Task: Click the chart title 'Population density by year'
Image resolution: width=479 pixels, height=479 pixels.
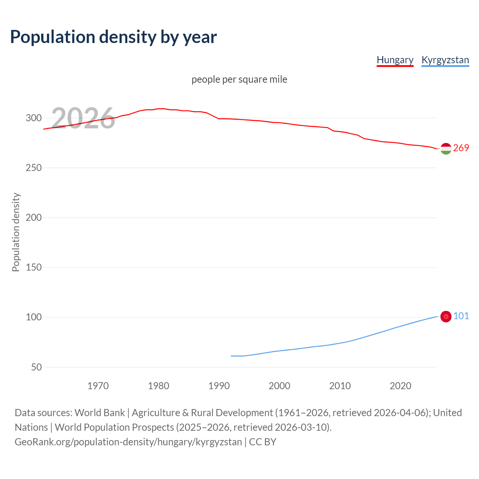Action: pyautogui.click(x=113, y=37)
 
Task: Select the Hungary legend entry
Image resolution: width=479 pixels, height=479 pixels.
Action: pyautogui.click(x=395, y=60)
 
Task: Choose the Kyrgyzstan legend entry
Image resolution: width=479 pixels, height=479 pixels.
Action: pyautogui.click(x=445, y=60)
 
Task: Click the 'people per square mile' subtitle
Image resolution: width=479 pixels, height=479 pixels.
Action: pyautogui.click(x=239, y=79)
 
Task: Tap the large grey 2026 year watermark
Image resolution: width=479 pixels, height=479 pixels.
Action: pyautogui.click(x=83, y=118)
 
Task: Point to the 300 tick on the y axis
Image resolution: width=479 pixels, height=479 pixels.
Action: pyautogui.click(x=33, y=118)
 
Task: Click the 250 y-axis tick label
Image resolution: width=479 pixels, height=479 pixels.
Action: pyautogui.click(x=33, y=168)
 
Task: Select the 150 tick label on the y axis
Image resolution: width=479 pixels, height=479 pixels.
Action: pyautogui.click(x=33, y=267)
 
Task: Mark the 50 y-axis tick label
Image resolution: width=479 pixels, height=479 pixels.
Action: pyautogui.click(x=36, y=367)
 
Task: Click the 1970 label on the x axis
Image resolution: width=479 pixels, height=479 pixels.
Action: pyautogui.click(x=98, y=386)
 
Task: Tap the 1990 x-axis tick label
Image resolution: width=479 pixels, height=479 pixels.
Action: pyautogui.click(x=219, y=386)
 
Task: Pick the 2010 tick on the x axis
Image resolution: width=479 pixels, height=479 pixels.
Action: pyautogui.click(x=340, y=386)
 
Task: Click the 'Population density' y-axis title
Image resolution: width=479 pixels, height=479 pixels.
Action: pyautogui.click(x=16, y=232)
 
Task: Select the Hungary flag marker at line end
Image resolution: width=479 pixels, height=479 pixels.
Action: pyautogui.click(x=446, y=149)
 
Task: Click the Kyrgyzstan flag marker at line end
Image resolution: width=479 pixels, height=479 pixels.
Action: pyautogui.click(x=446, y=317)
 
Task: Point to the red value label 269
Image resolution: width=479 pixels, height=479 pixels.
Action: pyautogui.click(x=461, y=148)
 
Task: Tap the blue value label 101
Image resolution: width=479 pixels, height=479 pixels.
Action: pyautogui.click(x=461, y=316)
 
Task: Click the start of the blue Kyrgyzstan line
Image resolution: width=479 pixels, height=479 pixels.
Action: pyautogui.click(x=231, y=356)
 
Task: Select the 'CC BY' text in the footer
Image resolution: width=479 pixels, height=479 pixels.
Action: pyautogui.click(x=263, y=442)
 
